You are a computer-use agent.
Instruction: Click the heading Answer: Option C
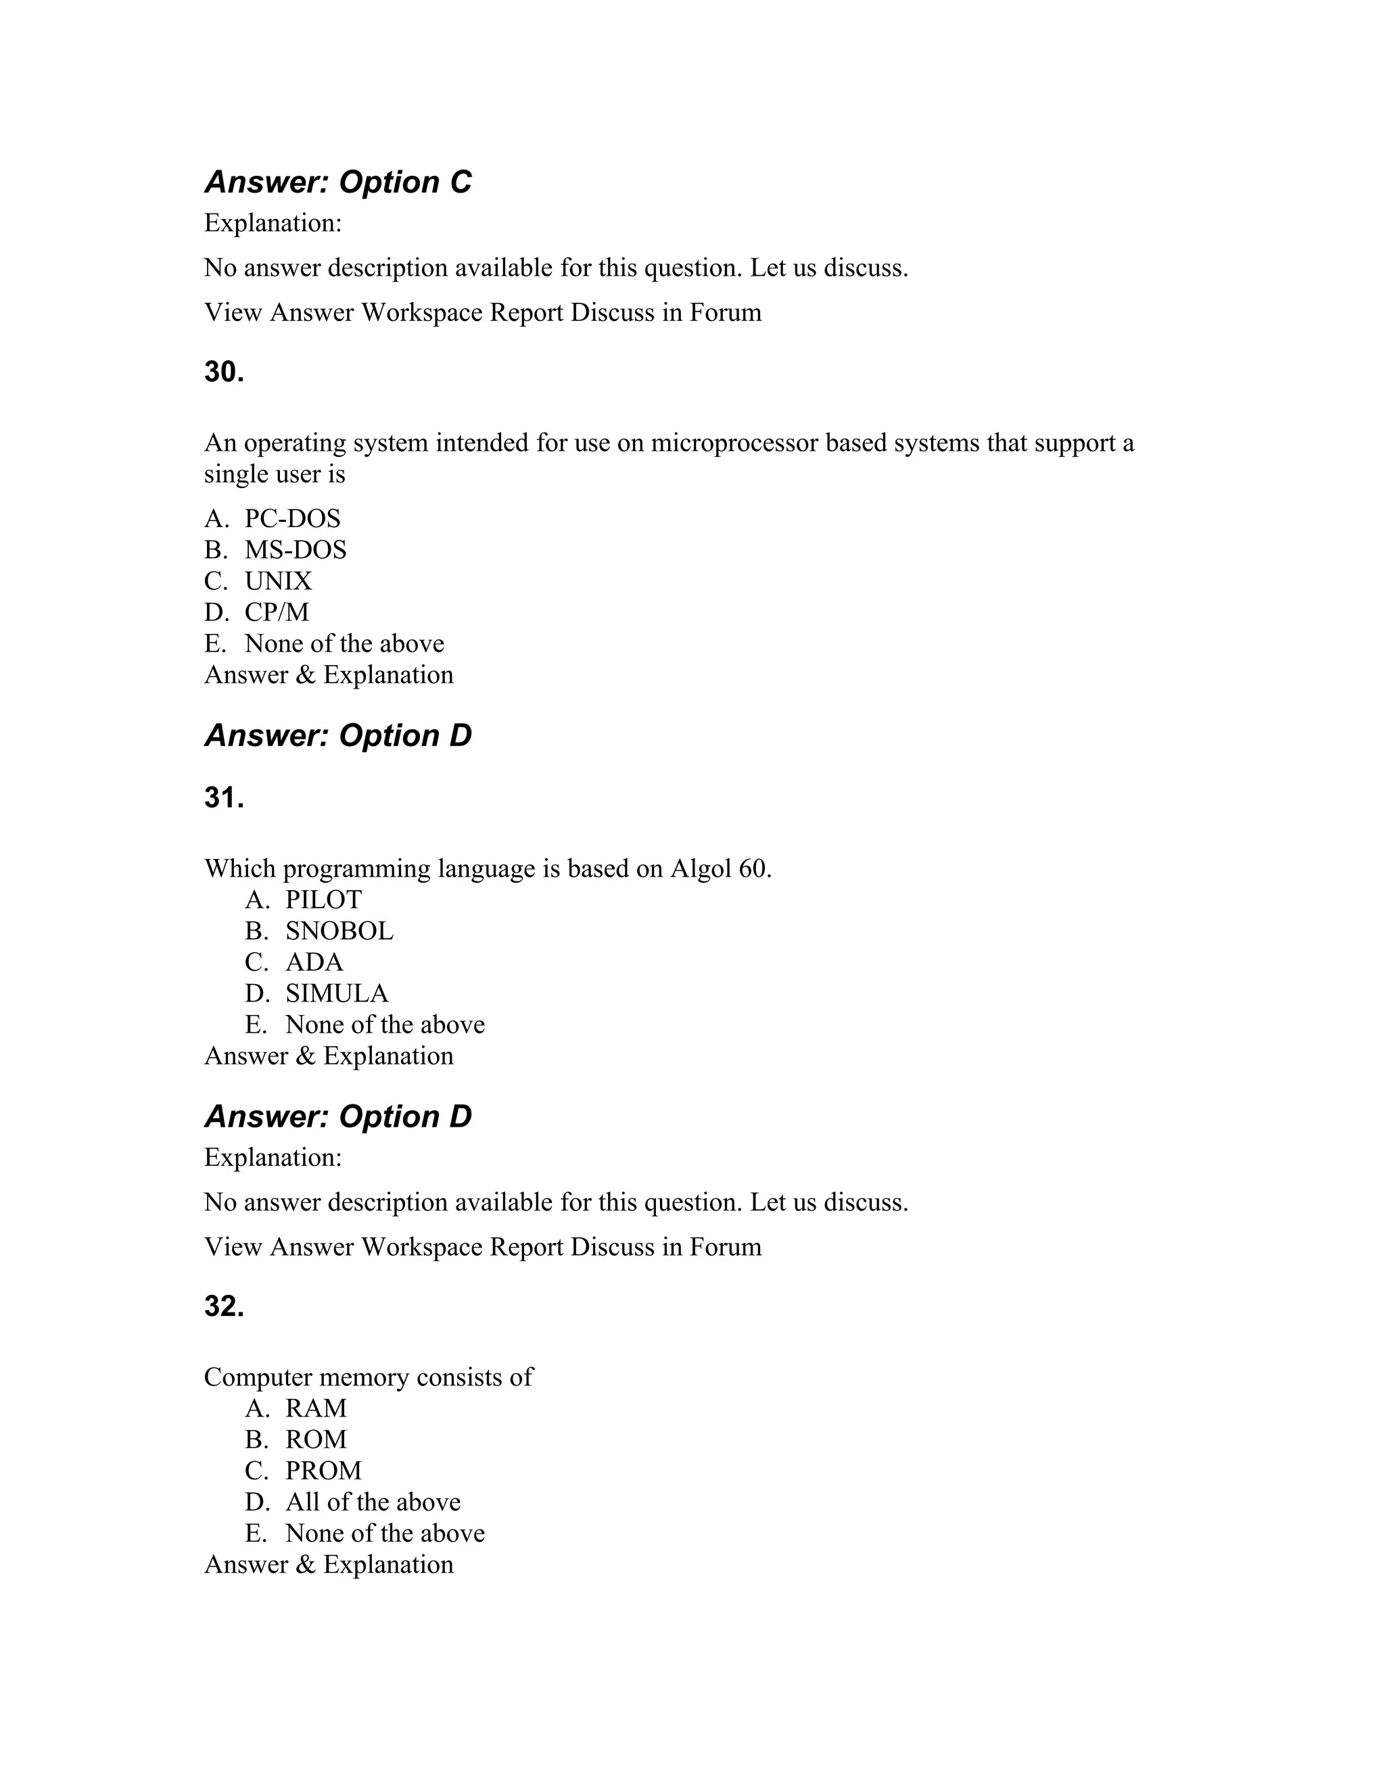(x=337, y=182)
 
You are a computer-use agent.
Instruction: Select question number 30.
(x=224, y=372)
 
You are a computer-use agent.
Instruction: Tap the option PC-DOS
(x=292, y=518)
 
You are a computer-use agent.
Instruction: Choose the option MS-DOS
(x=296, y=549)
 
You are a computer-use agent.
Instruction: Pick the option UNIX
(x=278, y=581)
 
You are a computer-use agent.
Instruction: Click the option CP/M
(x=277, y=612)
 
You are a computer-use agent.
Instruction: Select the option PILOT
(x=323, y=900)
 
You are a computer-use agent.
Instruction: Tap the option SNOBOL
(x=339, y=931)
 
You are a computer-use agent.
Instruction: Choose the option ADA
(x=314, y=962)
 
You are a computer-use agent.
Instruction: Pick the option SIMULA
(x=336, y=993)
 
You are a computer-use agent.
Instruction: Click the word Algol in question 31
(x=701, y=868)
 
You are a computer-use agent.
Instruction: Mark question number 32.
(x=224, y=1306)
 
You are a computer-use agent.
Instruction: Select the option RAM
(x=316, y=1408)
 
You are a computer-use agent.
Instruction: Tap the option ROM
(x=316, y=1439)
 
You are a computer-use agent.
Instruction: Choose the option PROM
(x=323, y=1471)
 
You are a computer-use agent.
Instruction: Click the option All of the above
(x=373, y=1502)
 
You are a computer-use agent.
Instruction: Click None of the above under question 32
(x=385, y=1533)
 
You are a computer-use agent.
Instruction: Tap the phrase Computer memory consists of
(x=368, y=1377)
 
